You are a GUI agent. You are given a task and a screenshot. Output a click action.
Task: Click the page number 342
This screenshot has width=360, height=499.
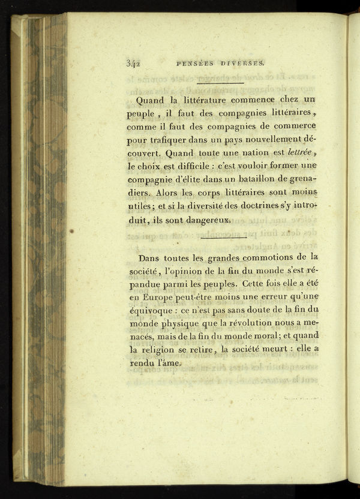(133, 61)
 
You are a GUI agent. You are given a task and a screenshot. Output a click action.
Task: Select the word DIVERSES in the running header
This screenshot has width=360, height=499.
(246, 61)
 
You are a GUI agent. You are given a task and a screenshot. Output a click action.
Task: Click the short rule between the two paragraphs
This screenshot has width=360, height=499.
(224, 238)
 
